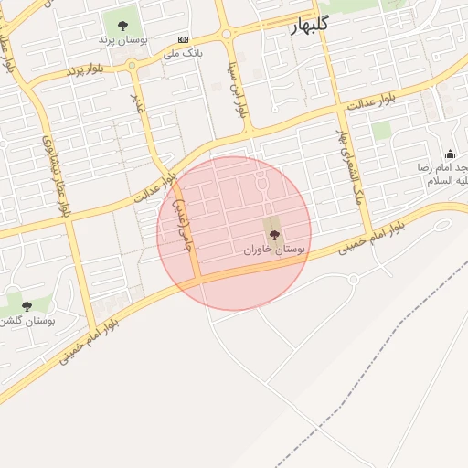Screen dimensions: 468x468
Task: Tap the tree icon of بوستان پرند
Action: (123, 25)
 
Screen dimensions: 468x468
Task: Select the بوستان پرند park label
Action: (122, 40)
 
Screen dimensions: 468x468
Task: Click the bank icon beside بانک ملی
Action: (185, 39)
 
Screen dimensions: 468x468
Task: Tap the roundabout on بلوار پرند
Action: (133, 66)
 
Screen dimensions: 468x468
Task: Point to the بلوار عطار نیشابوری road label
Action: (54, 175)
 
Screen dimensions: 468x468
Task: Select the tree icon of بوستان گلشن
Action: (26, 305)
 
